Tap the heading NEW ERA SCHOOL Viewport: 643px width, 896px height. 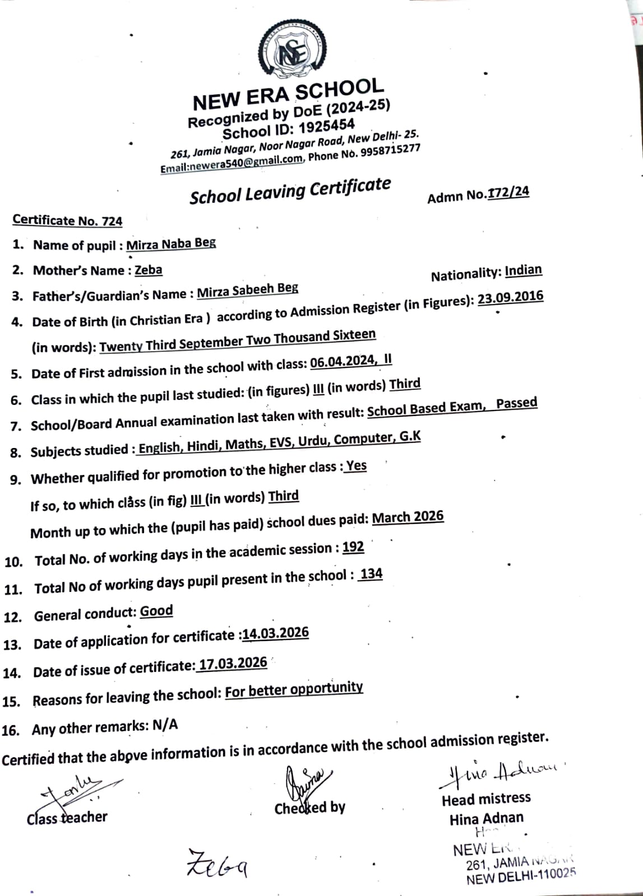tap(288, 94)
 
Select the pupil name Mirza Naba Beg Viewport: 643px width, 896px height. tap(171, 244)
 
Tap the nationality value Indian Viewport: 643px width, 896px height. tap(523, 270)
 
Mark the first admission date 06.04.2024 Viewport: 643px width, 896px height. tap(343, 362)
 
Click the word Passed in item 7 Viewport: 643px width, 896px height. tap(516, 403)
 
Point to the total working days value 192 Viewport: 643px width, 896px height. tap(353, 547)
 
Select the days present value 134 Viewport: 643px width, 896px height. tap(371, 574)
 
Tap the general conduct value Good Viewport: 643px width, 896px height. tap(156, 611)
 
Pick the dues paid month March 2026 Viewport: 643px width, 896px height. tap(408, 517)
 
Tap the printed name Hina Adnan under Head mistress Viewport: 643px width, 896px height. tap(486, 819)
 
